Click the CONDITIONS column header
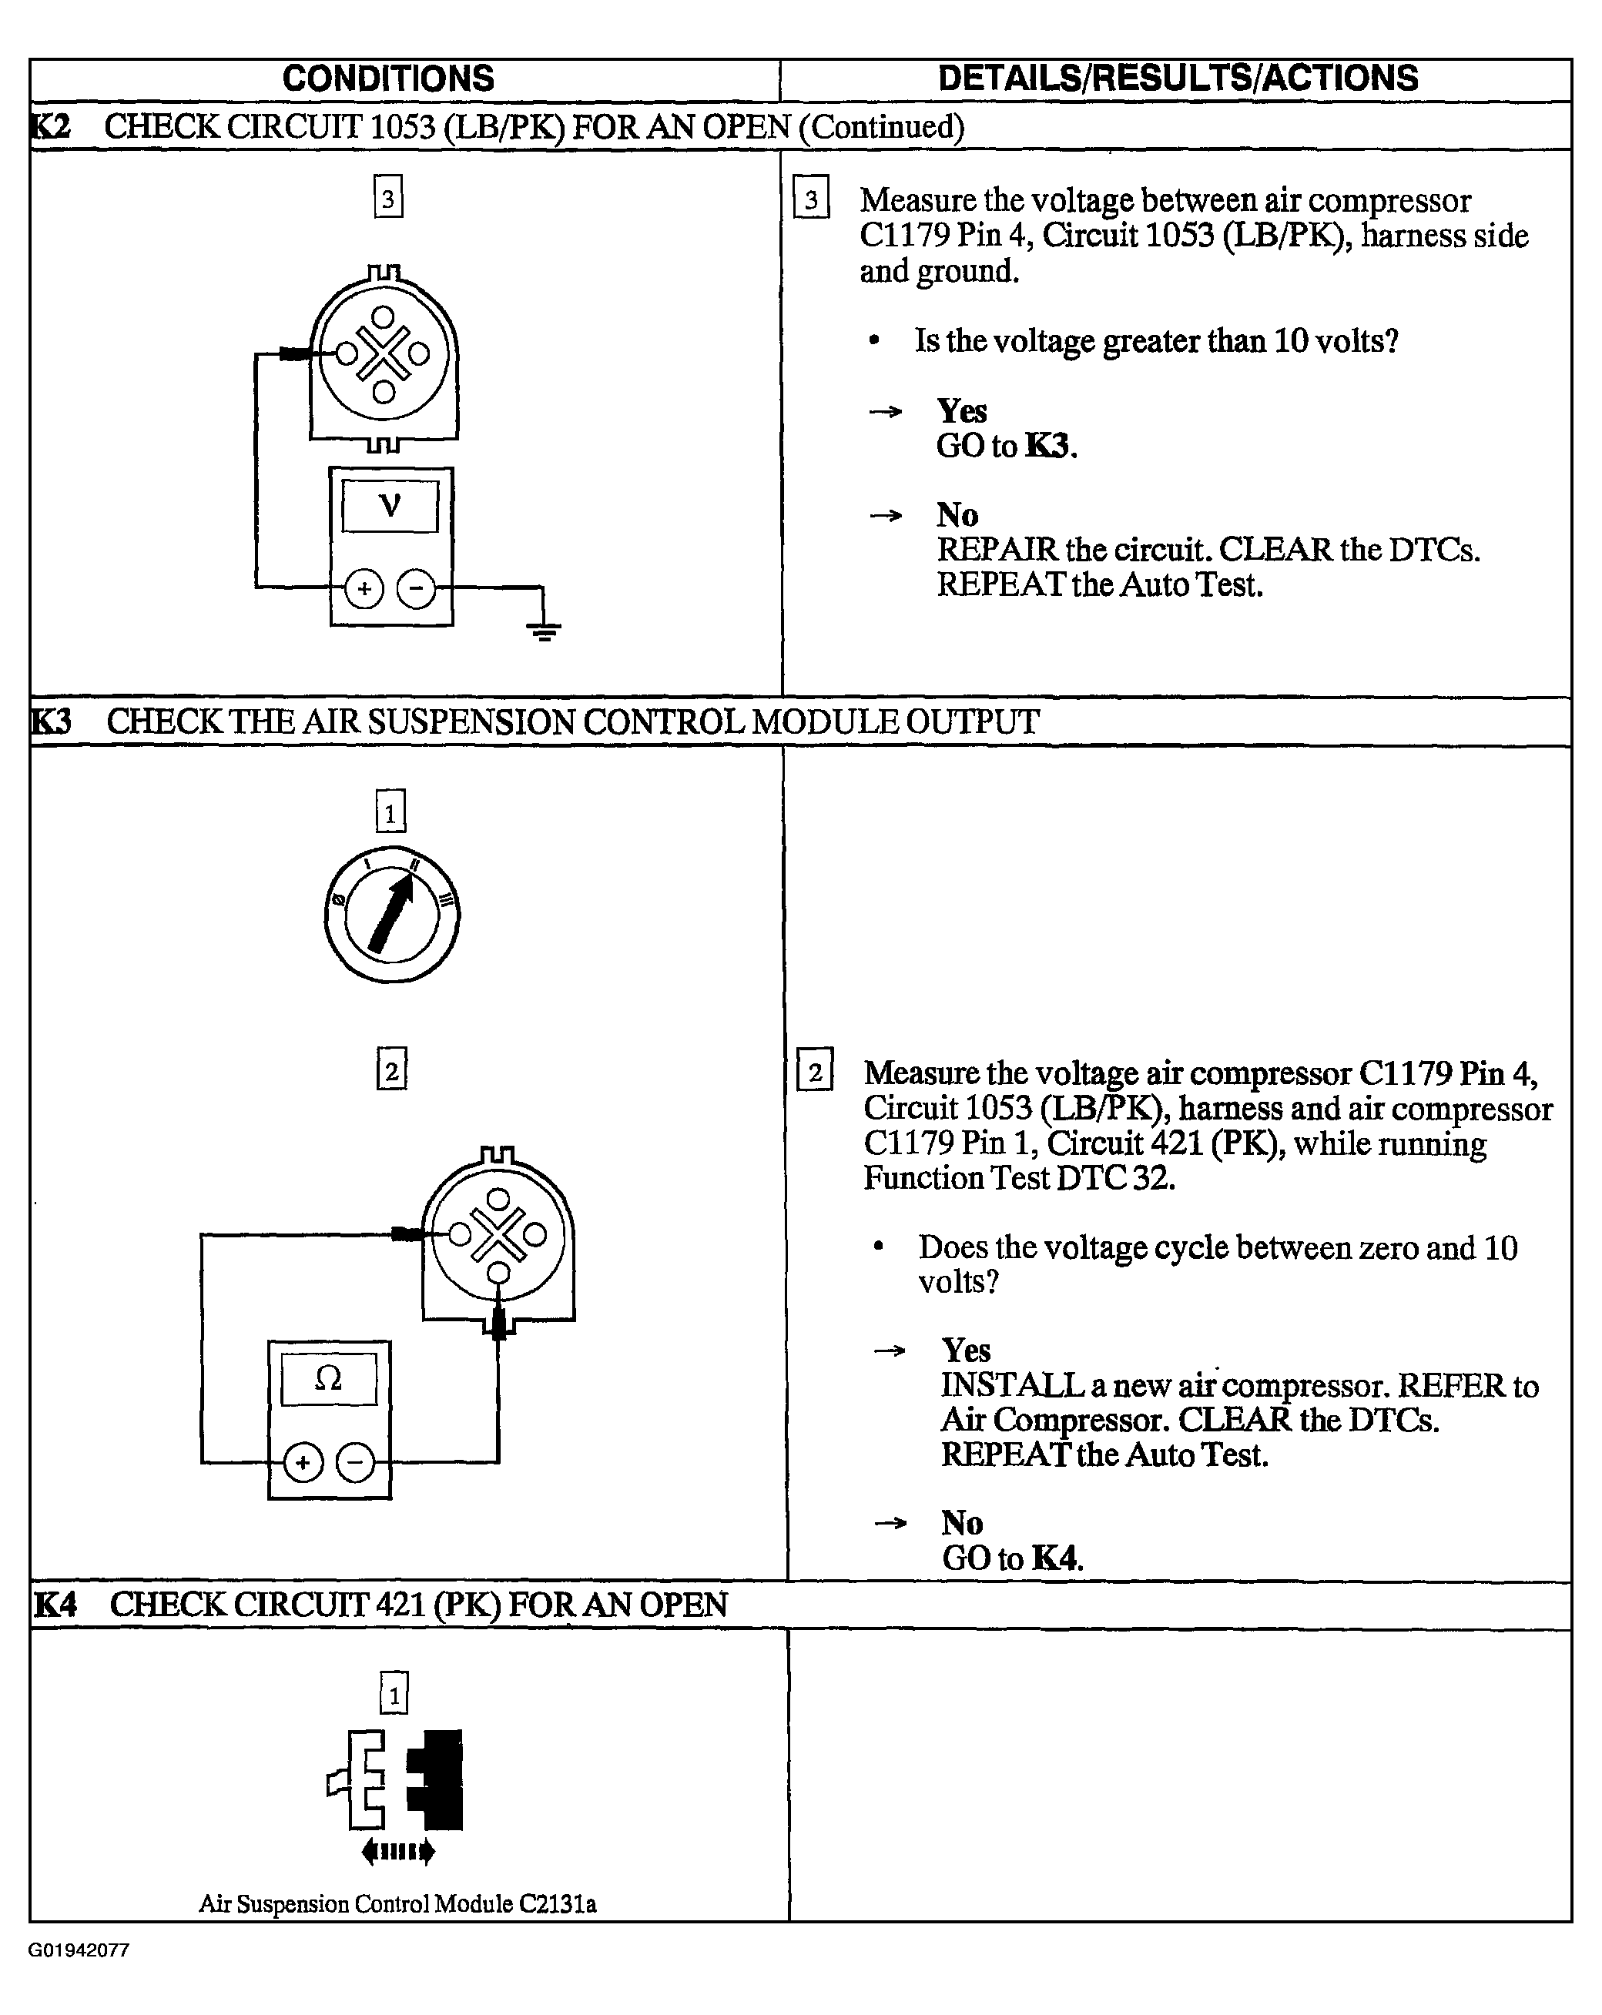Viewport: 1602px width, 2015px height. coord(388,79)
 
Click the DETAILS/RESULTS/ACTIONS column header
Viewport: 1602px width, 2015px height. coord(1178,79)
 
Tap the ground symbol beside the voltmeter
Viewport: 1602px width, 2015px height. coord(544,631)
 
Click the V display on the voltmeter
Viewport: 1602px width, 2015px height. coord(390,507)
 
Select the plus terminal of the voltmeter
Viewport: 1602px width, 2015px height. coord(364,589)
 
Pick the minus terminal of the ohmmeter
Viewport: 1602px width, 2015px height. coord(355,1463)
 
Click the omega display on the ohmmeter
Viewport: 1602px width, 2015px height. coord(328,1378)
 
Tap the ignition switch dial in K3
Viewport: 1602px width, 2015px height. coord(391,914)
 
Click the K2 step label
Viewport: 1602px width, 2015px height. coord(51,126)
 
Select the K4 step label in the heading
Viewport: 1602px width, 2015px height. coord(55,1605)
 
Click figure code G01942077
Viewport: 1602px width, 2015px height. coord(79,1950)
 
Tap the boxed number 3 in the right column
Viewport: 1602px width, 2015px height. coord(811,198)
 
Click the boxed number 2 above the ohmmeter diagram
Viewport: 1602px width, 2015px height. coord(391,1070)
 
